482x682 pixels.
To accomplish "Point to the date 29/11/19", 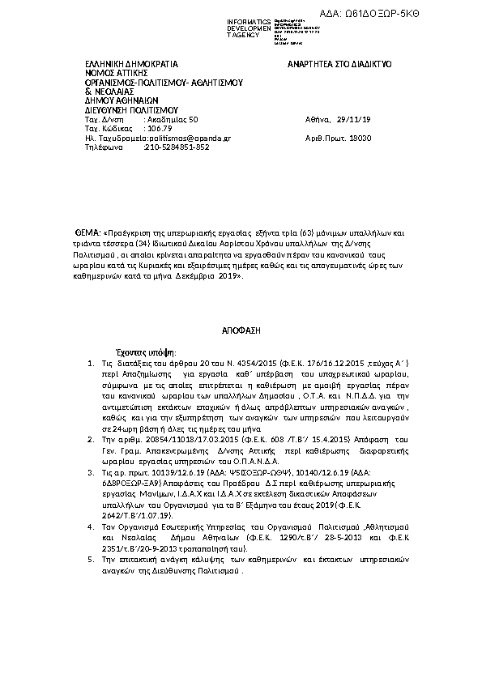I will [354, 120].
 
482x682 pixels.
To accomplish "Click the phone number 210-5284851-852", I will [177, 147].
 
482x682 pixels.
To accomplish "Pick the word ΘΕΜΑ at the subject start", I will [87, 232].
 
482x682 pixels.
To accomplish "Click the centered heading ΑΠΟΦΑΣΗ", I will [240, 332].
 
